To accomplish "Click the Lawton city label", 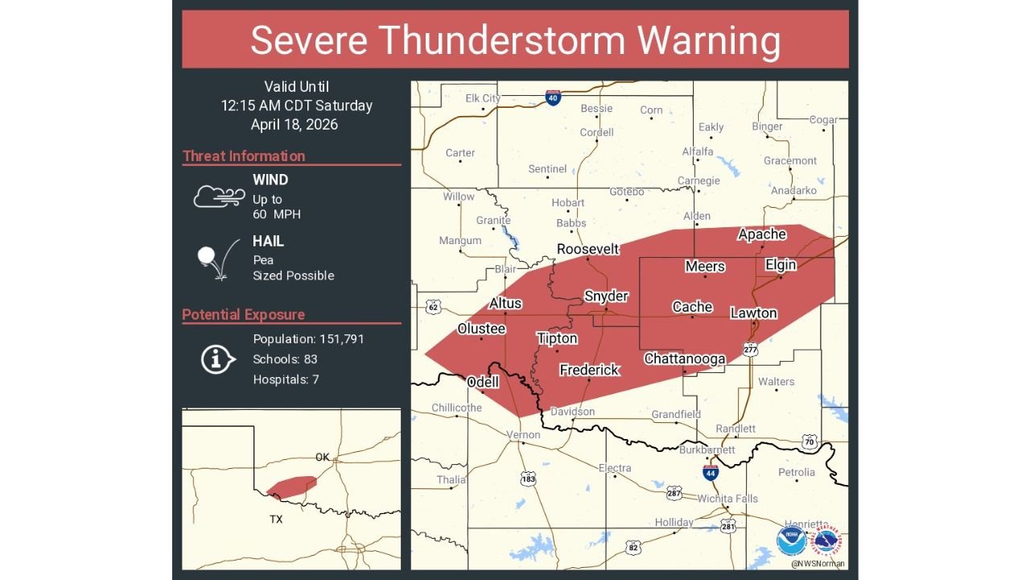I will (x=753, y=313).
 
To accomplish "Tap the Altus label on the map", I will (x=505, y=303).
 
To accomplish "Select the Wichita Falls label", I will (x=727, y=499).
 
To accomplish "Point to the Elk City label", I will (x=483, y=98).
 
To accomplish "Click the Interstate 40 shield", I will (x=552, y=97).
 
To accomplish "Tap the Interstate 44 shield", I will (x=711, y=472).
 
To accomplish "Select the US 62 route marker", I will (x=434, y=307).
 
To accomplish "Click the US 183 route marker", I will (x=528, y=478).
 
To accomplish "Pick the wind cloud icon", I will (x=219, y=196).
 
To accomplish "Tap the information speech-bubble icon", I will (x=217, y=358).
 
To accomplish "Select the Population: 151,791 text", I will (x=308, y=339).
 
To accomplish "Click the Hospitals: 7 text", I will (x=286, y=379).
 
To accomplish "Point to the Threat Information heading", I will (x=244, y=156).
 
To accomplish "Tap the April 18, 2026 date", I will (x=295, y=125).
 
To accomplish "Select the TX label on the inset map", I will (x=276, y=520).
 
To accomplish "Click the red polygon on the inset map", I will (x=291, y=487).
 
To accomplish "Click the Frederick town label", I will (x=589, y=370).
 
